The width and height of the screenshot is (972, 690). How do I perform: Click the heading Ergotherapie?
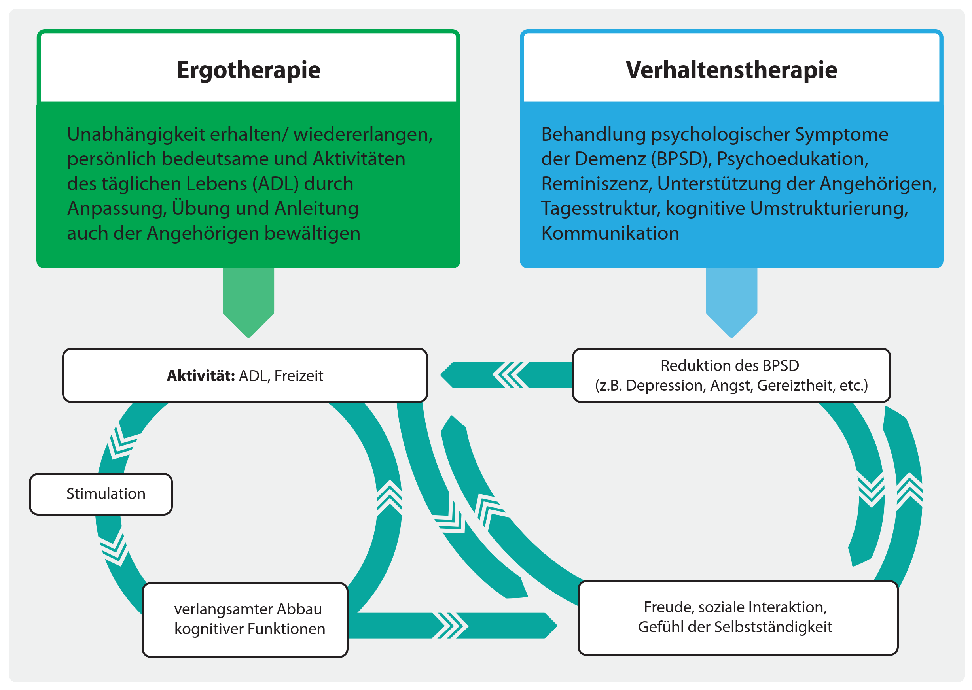(x=248, y=70)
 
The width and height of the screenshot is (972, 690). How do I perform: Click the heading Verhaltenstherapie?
(x=731, y=70)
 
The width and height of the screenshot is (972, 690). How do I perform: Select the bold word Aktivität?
(x=201, y=376)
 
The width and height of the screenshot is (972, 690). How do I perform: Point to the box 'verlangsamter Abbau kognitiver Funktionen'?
(x=245, y=619)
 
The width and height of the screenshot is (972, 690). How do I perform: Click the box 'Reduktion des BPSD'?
(x=731, y=375)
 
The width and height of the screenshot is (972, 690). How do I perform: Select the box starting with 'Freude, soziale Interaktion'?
(x=737, y=617)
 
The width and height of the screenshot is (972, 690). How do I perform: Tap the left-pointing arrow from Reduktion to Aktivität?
(x=506, y=375)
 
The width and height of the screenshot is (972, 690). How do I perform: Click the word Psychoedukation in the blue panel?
(x=792, y=159)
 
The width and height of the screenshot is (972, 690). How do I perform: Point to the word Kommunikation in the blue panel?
(x=610, y=233)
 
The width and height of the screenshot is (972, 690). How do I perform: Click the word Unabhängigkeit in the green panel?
(x=136, y=134)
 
